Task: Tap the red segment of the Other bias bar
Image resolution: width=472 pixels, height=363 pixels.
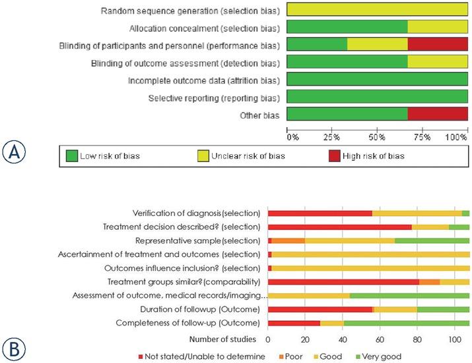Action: coord(438,115)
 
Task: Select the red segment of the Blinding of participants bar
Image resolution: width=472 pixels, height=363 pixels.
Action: coord(438,45)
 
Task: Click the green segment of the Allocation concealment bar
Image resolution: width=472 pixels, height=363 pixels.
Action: coord(348,28)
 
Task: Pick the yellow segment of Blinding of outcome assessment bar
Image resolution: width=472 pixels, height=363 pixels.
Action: coord(438,63)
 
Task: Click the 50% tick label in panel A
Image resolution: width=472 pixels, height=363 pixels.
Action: coord(377,138)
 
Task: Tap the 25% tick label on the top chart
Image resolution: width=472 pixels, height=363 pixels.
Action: coord(332,138)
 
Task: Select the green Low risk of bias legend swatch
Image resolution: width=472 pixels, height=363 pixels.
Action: coord(71,156)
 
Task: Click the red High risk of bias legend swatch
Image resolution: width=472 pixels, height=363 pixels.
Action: coord(336,156)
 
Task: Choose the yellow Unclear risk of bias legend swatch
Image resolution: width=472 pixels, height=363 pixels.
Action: coord(204,156)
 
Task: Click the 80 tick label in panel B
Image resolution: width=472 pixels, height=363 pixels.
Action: coord(417,340)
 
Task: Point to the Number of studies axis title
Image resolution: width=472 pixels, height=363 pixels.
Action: coord(223,339)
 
